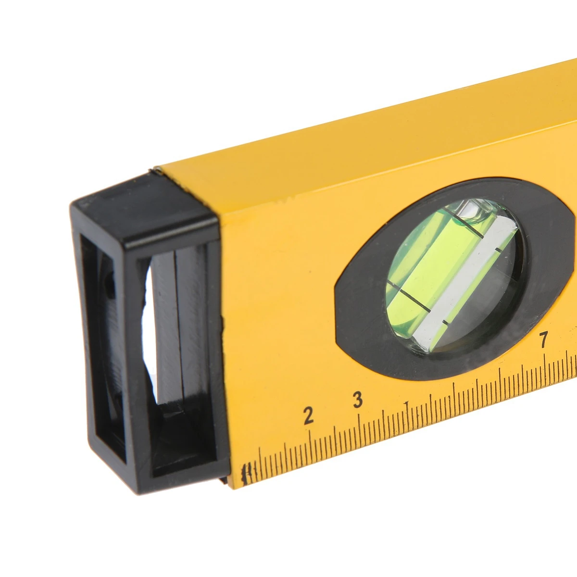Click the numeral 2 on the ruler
point(308,415)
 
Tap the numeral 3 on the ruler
point(358,400)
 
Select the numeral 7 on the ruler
point(543,339)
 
